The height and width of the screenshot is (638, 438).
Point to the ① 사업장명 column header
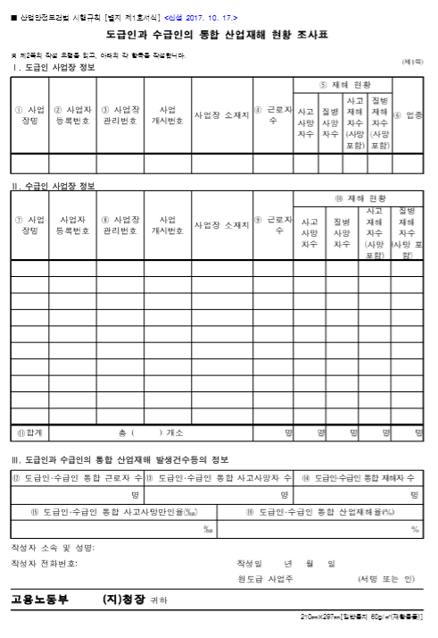tap(29, 115)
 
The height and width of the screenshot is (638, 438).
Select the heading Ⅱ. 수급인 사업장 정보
tap(53, 186)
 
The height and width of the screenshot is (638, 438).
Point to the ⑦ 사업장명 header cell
tap(29, 224)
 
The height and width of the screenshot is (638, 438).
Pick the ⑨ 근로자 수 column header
tap(273, 224)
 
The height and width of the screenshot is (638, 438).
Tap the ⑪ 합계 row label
tap(29, 432)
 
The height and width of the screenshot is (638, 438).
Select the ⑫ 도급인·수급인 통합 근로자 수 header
tap(76, 478)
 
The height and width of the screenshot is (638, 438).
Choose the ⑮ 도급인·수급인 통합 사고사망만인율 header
tap(113, 512)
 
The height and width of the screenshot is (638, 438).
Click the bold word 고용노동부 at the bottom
tap(39, 600)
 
